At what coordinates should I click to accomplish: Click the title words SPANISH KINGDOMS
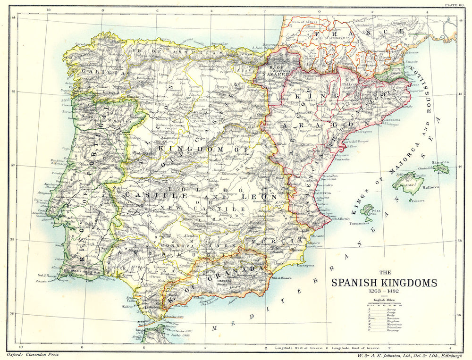pyautogui.click(x=384, y=283)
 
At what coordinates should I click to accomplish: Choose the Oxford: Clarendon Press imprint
pyautogui.click(x=33, y=354)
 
